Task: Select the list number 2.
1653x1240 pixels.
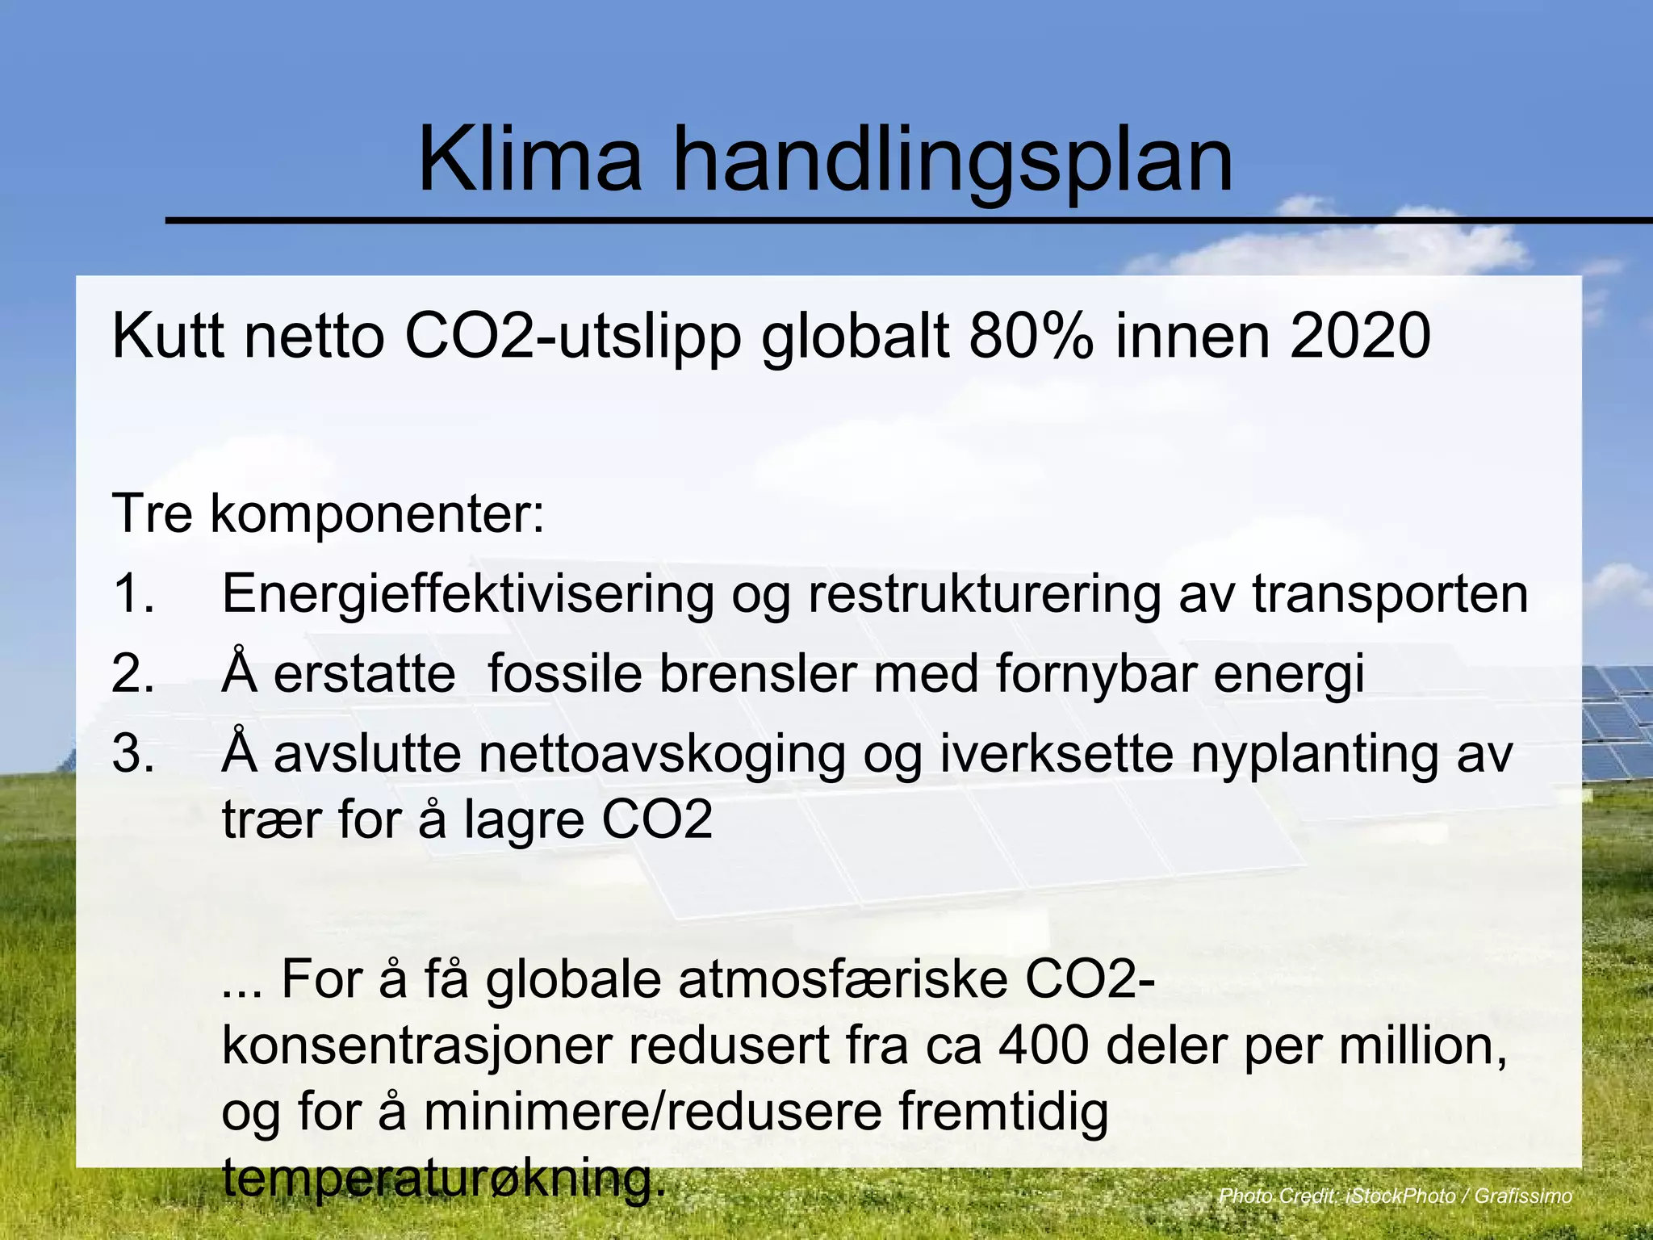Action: coord(133,673)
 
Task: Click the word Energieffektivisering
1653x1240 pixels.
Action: coord(468,595)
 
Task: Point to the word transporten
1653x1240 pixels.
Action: coord(1390,595)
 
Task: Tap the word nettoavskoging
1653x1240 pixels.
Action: coord(662,755)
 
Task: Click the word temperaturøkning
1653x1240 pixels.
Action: coord(443,1179)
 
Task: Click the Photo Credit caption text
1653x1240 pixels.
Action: coord(1395,1196)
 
